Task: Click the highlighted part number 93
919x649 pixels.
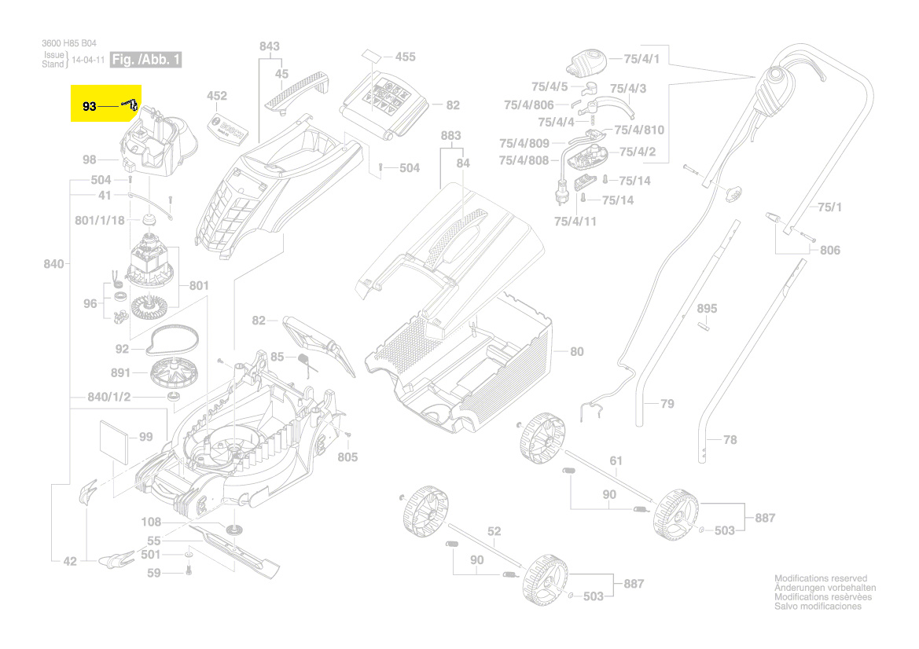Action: click(89, 105)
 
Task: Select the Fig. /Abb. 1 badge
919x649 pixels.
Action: click(146, 60)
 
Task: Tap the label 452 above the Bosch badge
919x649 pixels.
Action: click(216, 96)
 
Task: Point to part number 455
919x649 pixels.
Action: click(405, 57)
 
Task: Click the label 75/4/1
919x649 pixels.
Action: click(641, 59)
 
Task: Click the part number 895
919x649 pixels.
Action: click(707, 309)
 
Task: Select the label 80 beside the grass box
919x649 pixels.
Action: click(576, 351)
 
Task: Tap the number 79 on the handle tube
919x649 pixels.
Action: click(667, 404)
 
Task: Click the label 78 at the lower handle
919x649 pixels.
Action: click(730, 440)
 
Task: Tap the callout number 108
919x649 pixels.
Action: click(151, 522)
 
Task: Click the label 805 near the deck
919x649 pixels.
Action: click(347, 456)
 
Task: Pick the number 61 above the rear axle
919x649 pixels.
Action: click(616, 460)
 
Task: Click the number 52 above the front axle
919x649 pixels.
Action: click(493, 532)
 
